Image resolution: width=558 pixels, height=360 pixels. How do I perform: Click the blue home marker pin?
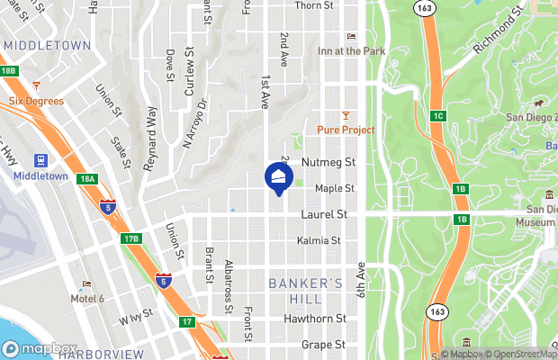click(278, 175)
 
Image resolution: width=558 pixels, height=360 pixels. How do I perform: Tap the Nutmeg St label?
click(330, 163)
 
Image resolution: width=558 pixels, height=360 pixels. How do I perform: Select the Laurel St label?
click(323, 215)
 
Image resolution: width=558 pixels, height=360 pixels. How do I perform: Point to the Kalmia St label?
click(319, 241)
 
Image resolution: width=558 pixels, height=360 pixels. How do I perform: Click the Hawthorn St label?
click(315, 319)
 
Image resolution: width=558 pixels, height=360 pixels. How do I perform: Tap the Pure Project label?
click(346, 130)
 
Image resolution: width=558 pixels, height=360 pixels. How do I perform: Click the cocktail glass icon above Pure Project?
click(346, 113)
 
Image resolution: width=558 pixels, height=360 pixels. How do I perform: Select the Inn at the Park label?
click(351, 51)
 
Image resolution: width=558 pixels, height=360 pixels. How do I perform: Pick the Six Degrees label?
click(36, 101)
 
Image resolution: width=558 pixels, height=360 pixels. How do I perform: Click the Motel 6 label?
click(87, 299)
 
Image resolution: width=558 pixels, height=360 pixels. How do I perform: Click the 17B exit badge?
click(131, 238)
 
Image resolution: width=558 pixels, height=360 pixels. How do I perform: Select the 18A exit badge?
click(86, 180)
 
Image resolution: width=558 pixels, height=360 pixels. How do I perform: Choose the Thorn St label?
click(315, 5)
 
